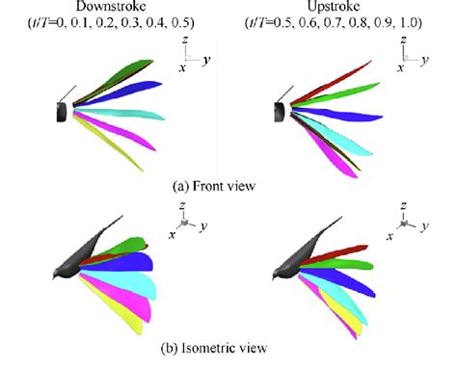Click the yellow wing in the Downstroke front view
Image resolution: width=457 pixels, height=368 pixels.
(x=116, y=145)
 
